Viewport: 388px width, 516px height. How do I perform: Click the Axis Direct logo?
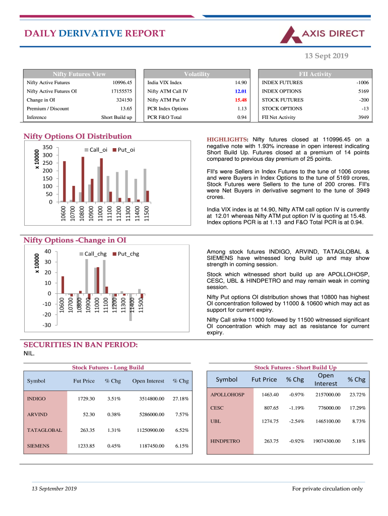(x=322, y=34)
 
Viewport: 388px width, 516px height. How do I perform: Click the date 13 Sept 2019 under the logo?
(x=327, y=56)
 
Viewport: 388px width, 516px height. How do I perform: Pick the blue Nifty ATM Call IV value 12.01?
(x=240, y=91)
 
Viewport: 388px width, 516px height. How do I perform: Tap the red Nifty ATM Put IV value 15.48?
(x=240, y=100)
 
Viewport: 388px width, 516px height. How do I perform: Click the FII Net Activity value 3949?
(x=363, y=117)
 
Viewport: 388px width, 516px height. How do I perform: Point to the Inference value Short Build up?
(x=116, y=117)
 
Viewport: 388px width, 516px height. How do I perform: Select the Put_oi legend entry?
(x=123, y=150)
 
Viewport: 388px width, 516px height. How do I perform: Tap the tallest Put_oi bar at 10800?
(x=83, y=179)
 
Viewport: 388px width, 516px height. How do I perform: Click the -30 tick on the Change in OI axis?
(x=47, y=325)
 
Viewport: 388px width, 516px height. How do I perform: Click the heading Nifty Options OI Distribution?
(x=78, y=136)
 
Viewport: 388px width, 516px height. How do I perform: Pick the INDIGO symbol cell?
(x=36, y=399)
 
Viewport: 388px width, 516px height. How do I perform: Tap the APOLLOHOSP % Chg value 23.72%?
(x=357, y=395)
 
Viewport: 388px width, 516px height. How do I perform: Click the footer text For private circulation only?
(x=328, y=489)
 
